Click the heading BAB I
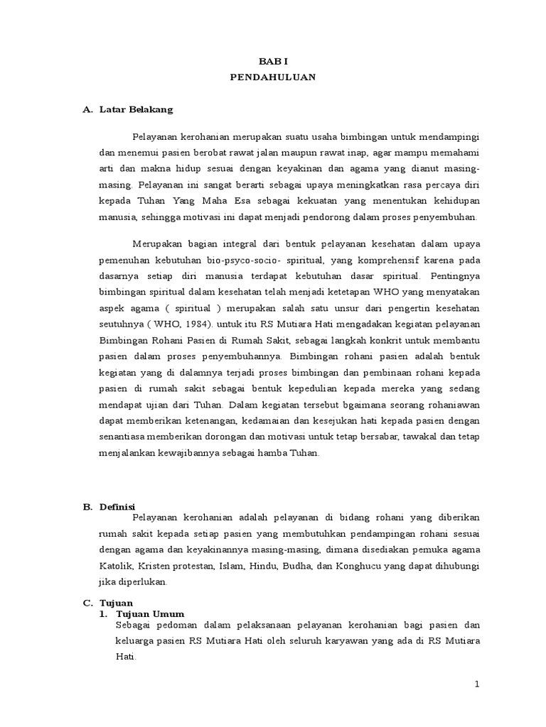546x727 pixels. (273, 62)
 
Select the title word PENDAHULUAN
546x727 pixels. (273, 78)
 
